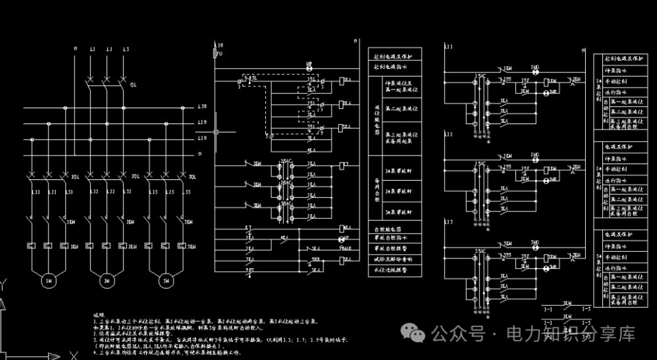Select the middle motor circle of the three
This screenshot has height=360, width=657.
(106, 281)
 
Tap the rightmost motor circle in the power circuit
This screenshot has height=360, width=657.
(165, 281)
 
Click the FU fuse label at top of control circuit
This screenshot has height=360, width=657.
(220, 54)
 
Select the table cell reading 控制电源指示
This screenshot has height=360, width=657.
(395, 67)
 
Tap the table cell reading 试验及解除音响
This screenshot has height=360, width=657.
(395, 259)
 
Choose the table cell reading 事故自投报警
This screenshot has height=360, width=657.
(395, 249)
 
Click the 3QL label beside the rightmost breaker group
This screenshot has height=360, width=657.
(192, 177)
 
